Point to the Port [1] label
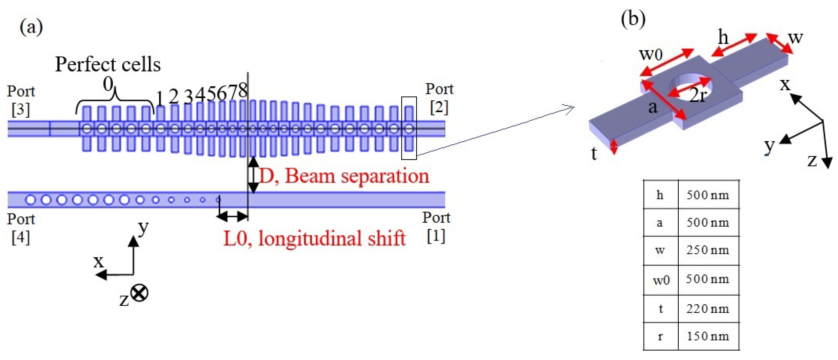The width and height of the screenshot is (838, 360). (x=436, y=227)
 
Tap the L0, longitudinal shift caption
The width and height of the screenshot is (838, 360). (x=314, y=238)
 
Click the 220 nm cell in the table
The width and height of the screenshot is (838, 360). (x=708, y=308)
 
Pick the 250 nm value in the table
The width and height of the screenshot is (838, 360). (x=708, y=250)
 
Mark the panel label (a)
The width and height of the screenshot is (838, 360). (x=31, y=27)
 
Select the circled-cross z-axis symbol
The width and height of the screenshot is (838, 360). (x=140, y=293)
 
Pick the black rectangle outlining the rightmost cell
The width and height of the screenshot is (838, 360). (x=409, y=128)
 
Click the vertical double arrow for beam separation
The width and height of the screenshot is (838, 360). (x=253, y=175)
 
